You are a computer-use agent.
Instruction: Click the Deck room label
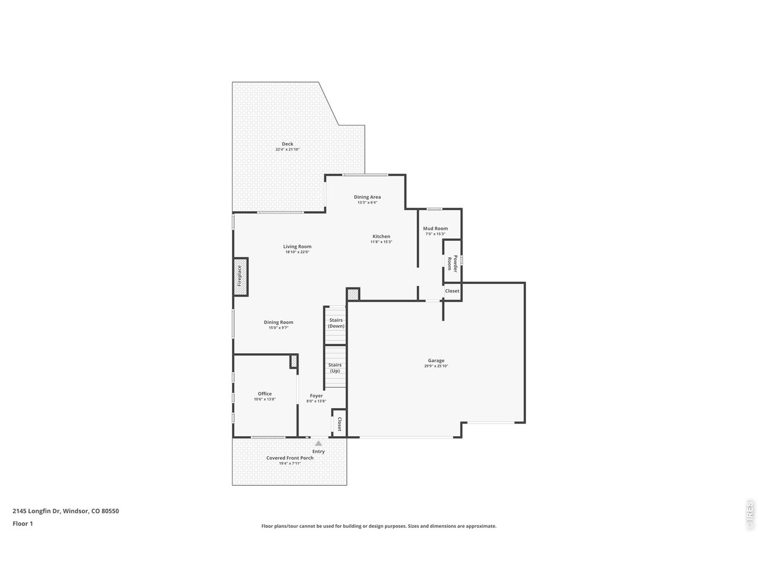(287, 144)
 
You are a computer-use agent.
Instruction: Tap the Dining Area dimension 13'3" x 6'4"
(367, 202)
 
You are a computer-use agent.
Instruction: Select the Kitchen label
(381, 236)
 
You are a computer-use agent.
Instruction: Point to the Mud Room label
(435, 228)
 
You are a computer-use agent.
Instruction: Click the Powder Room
(452, 262)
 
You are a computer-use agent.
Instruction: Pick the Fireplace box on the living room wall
(240, 276)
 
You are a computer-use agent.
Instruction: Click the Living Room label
(297, 247)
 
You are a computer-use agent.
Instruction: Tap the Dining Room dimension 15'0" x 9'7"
(278, 328)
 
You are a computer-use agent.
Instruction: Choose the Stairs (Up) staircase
(335, 367)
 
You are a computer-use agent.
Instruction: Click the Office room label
(265, 393)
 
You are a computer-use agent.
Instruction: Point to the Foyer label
(316, 396)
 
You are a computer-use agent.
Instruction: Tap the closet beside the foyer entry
(339, 424)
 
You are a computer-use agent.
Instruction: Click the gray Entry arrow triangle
(319, 443)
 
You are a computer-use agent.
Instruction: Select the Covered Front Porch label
(290, 458)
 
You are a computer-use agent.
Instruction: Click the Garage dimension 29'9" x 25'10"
(436, 366)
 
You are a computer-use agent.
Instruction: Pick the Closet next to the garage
(452, 291)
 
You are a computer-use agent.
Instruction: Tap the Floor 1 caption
(23, 524)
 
